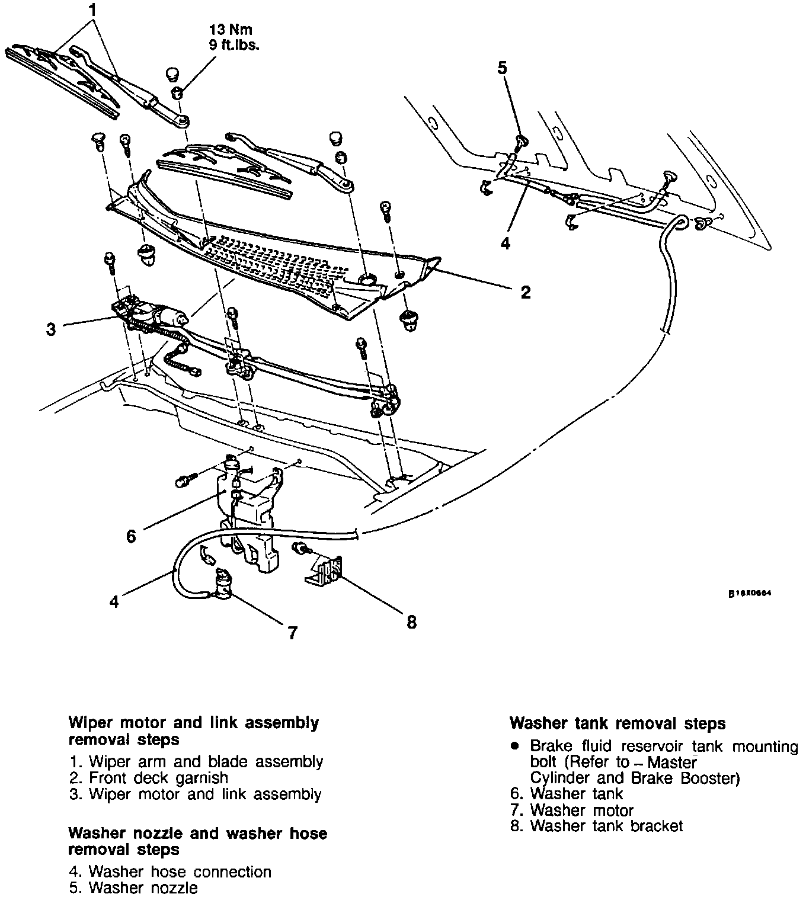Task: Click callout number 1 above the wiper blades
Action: [x=92, y=10]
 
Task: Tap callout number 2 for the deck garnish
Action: [x=525, y=291]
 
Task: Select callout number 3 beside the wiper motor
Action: [x=51, y=329]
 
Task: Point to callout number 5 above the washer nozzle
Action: [x=502, y=68]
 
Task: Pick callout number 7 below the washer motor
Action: [x=292, y=632]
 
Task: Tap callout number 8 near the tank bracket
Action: [x=411, y=622]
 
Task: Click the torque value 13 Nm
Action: [x=234, y=30]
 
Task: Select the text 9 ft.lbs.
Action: [x=234, y=45]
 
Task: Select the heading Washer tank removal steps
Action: [x=618, y=723]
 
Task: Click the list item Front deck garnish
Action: [x=158, y=777]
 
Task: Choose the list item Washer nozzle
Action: [x=143, y=888]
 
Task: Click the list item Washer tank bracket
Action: [x=606, y=825]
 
